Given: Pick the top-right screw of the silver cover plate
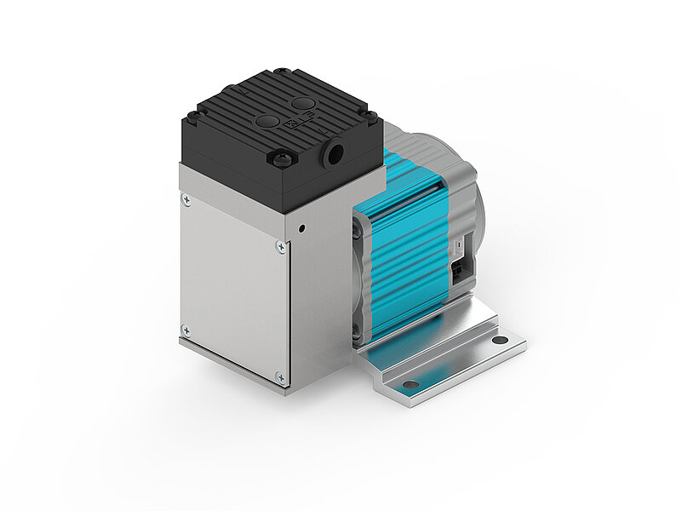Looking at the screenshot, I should pos(281,247).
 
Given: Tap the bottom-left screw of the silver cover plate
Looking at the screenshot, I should pos(186,329).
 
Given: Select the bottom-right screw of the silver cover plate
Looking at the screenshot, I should pos(281,376).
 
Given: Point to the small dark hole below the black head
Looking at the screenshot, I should pos(302,228).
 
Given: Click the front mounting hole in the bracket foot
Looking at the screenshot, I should pos(411,385).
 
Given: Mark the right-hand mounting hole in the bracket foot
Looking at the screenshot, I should pos(500,341).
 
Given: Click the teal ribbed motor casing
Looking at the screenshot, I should pos(409,247).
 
